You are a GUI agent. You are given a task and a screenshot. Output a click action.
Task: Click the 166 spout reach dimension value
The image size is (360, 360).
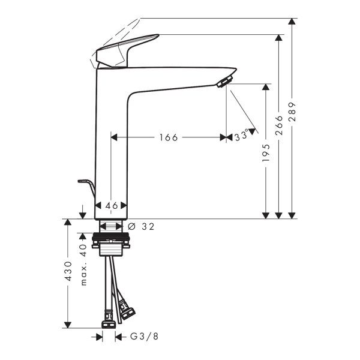[x=168, y=137]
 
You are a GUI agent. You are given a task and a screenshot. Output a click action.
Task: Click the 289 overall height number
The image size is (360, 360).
[x=292, y=112]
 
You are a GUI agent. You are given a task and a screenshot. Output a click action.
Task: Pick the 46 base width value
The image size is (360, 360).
[x=112, y=206]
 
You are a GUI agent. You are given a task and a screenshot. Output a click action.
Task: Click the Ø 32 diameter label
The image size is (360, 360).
[x=142, y=226]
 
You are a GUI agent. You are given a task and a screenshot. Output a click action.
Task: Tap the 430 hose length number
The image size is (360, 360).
[x=68, y=271]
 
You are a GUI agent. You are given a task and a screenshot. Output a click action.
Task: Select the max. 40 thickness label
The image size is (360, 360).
[x=84, y=264]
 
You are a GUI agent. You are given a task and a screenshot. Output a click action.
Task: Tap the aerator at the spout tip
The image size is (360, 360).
[x=224, y=80]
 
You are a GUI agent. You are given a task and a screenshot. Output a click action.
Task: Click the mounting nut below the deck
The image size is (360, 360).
[x=112, y=244]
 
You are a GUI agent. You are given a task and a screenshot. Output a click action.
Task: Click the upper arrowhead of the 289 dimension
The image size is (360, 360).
[x=292, y=23]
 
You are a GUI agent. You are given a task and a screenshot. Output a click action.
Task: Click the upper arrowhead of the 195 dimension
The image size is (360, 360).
[x=266, y=88]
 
